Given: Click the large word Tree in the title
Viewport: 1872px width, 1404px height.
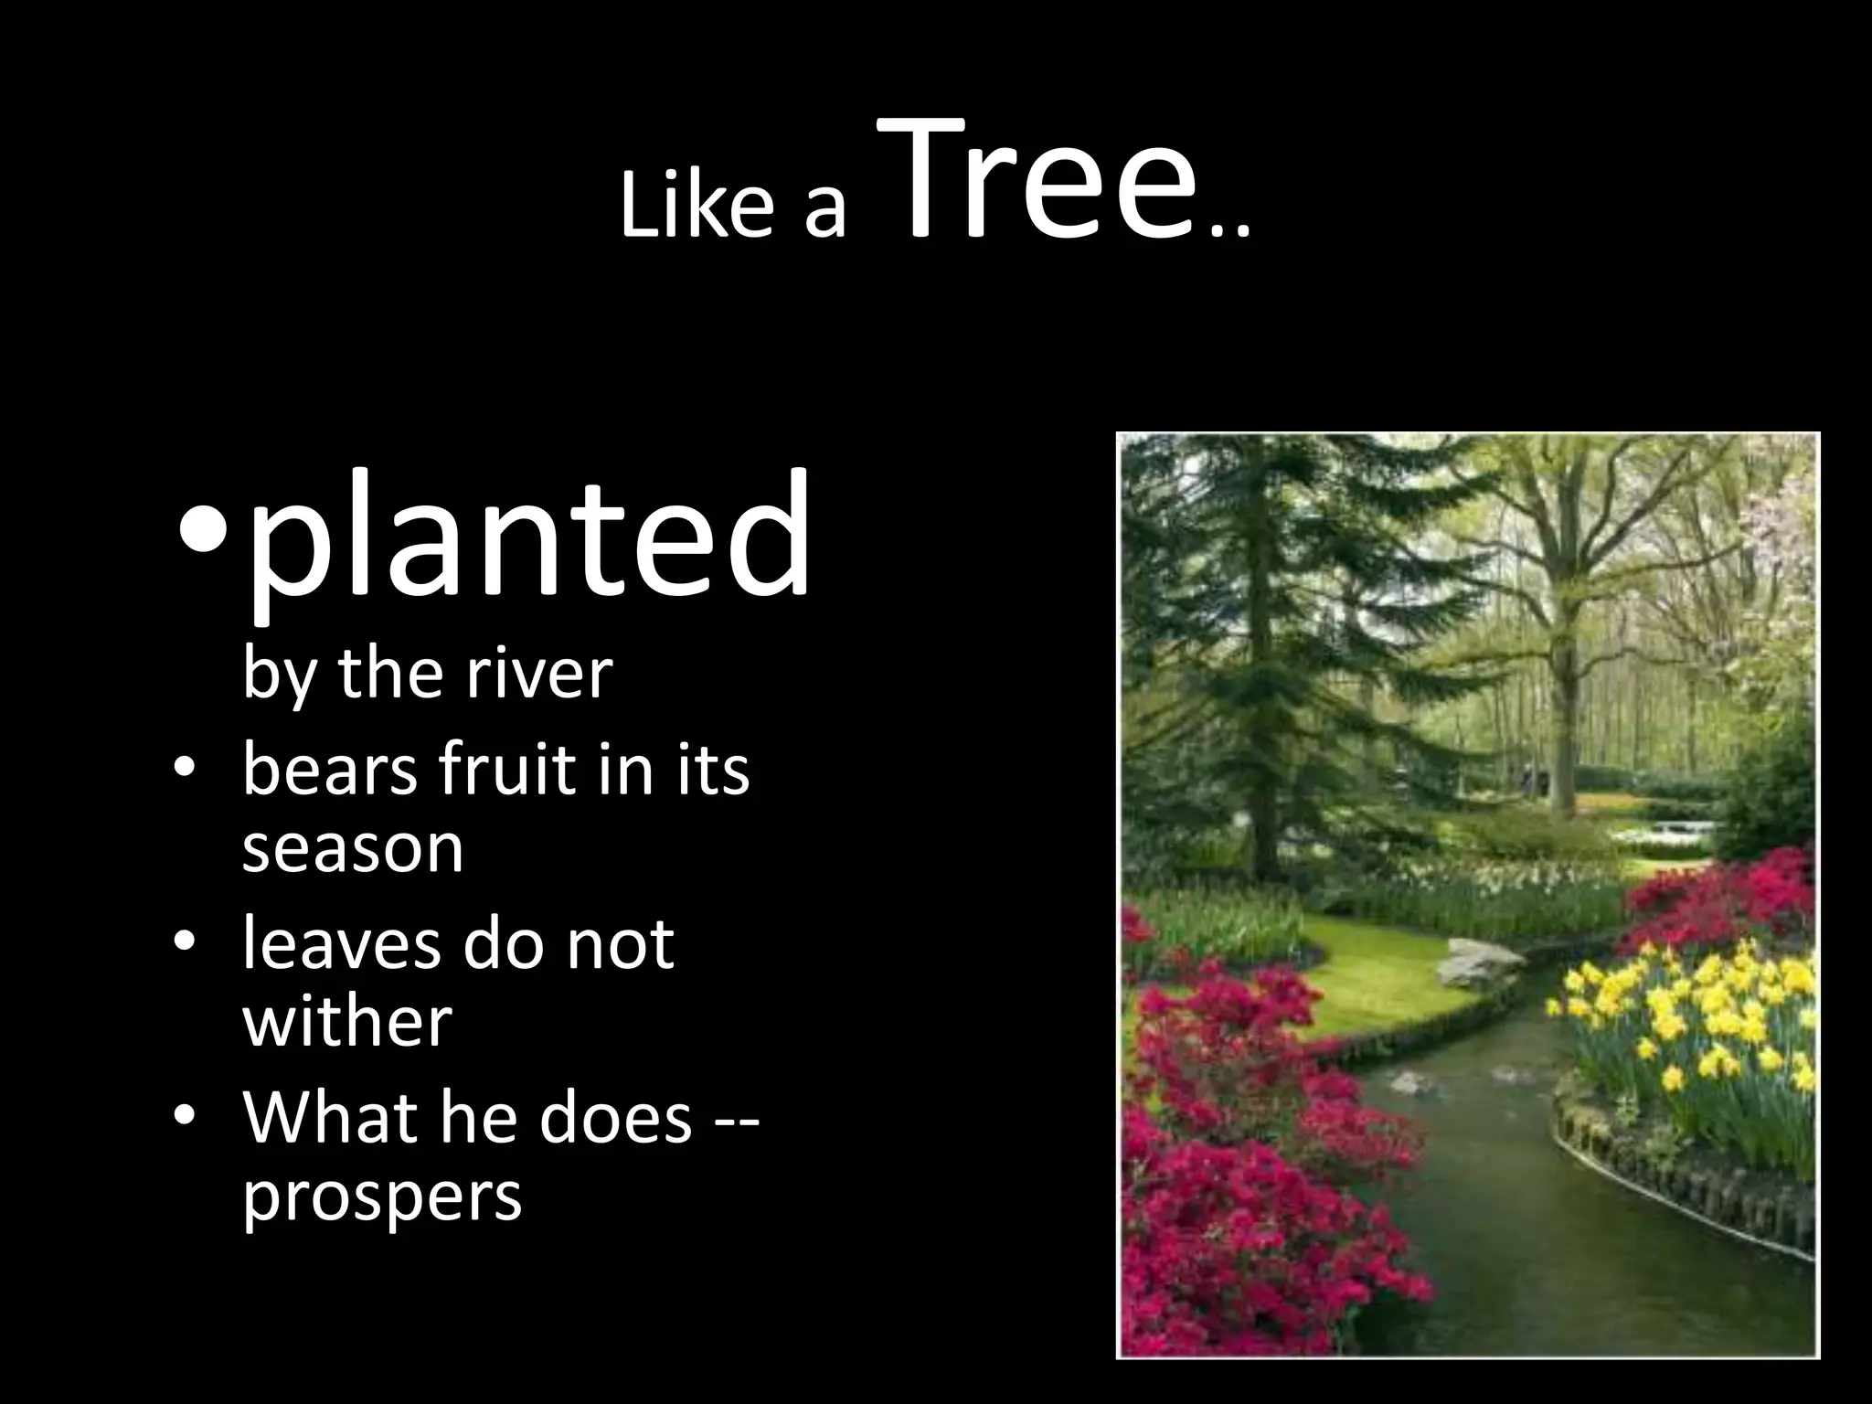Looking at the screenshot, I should [1038, 181].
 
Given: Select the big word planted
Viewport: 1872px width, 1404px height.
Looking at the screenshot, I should [528, 539].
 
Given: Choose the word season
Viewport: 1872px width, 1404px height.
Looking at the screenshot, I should [353, 848].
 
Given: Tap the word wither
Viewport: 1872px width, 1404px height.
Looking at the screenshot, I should [347, 1022].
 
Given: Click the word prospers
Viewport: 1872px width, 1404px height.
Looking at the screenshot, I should [382, 1197].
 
